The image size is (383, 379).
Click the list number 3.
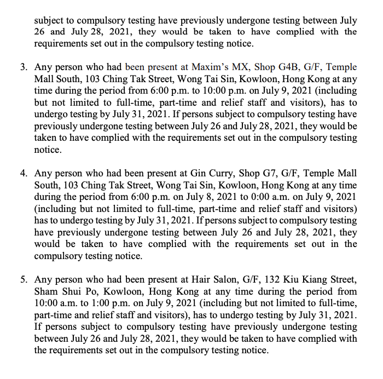(24, 67)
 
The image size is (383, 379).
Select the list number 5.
(24, 279)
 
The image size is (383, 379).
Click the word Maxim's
(210, 67)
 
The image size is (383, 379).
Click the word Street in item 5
(343, 279)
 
